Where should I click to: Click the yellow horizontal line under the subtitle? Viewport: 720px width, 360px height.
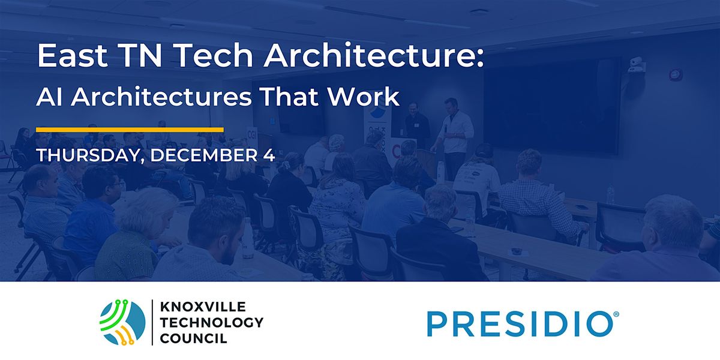tap(130, 129)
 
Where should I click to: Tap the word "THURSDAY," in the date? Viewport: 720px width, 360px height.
tap(89, 155)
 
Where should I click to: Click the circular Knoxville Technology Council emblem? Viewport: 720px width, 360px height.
tap(122, 323)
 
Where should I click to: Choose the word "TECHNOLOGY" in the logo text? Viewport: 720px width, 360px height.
tap(211, 323)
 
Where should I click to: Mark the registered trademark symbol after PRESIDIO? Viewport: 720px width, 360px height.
tap(610, 314)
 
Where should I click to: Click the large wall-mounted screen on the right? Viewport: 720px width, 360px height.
tap(552, 105)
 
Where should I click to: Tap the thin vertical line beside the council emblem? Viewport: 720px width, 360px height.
tap(152, 323)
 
